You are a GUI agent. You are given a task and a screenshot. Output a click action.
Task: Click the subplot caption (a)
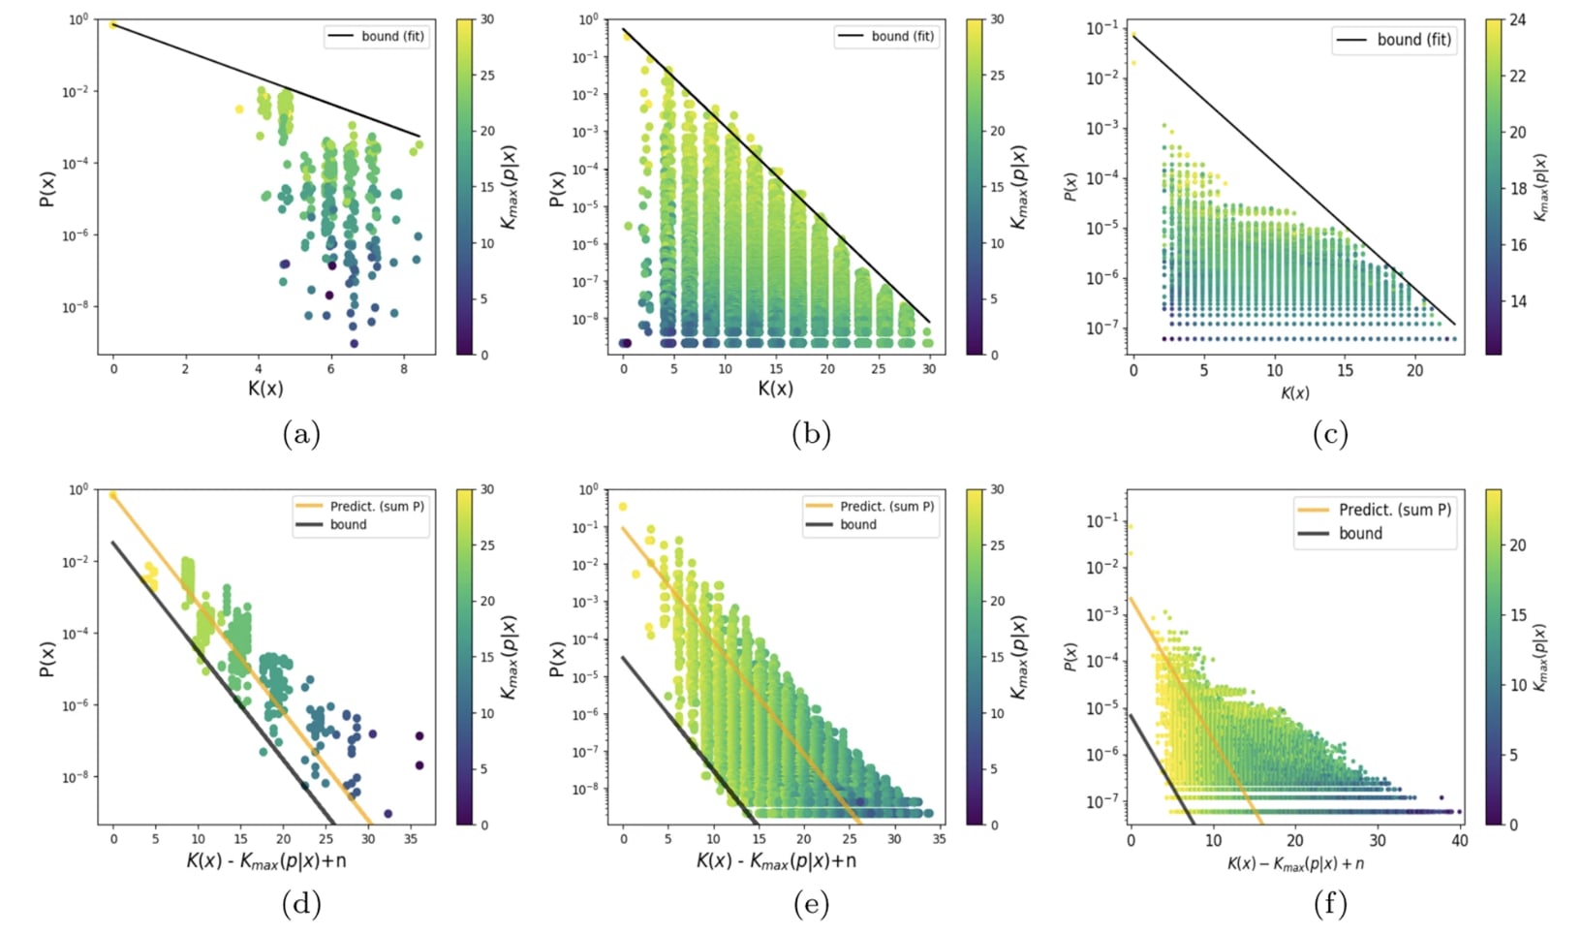point(301,434)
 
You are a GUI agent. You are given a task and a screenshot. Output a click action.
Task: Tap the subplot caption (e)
point(811,905)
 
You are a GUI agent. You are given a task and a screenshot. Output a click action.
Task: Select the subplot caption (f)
point(1330,905)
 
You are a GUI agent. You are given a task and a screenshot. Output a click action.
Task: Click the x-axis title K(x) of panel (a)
point(265,389)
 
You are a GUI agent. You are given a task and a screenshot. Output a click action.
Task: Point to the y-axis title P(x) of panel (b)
point(557,188)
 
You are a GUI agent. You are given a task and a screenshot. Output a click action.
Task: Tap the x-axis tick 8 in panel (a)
point(404,369)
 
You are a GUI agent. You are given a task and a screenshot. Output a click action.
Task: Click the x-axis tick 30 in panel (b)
point(929,369)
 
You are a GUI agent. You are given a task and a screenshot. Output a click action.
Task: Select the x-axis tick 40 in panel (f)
point(1459,841)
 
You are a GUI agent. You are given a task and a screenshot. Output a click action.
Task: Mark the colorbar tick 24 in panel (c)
point(1517,19)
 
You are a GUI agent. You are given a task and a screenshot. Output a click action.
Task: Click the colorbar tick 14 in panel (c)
point(1517,301)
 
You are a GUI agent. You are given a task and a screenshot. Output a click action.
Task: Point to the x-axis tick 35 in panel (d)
point(411,839)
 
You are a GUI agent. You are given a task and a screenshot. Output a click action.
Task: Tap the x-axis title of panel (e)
point(776,860)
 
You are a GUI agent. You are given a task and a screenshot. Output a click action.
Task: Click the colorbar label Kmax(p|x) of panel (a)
point(510,188)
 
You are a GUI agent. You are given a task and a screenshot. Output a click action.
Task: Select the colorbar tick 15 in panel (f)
point(1517,615)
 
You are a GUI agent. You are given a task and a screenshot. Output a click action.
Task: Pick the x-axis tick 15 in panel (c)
point(1345,370)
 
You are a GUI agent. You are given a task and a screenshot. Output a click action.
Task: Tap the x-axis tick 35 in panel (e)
point(939,839)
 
